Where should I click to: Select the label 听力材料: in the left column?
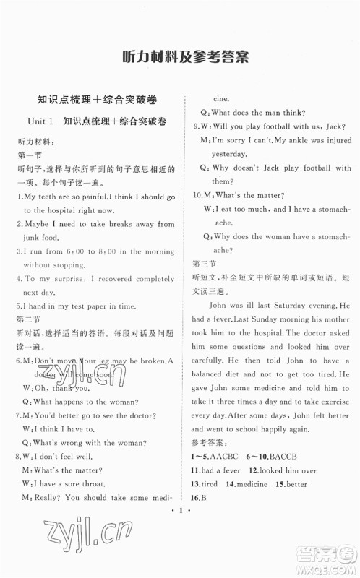[35, 142]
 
